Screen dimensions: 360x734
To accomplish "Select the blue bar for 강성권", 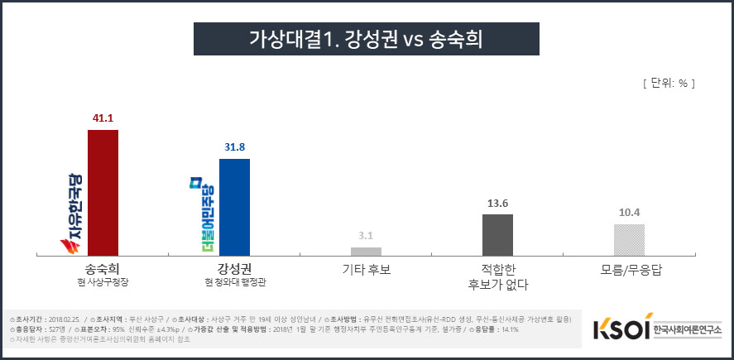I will tap(234, 207).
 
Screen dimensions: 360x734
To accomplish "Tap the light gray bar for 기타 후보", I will tap(366, 251).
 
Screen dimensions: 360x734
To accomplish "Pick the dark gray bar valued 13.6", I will tap(497, 235).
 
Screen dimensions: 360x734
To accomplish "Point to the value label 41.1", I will tap(103, 118).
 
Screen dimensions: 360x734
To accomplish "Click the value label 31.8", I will tap(234, 147).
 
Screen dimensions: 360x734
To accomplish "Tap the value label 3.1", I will tap(366, 236).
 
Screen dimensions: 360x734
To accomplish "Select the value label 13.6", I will tap(497, 203).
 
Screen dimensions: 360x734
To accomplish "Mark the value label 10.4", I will tap(629, 213).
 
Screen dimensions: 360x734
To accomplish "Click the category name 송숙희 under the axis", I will tap(103, 269).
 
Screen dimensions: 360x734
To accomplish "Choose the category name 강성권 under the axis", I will tap(234, 269).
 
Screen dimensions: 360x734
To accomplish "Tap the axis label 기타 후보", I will tap(366, 269).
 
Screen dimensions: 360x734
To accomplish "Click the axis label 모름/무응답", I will tap(629, 269).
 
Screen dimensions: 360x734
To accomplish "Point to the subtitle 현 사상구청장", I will tap(103, 283).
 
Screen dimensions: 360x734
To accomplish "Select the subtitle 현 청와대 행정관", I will tap(234, 283).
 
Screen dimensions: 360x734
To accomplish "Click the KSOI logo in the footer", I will tap(621, 329).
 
